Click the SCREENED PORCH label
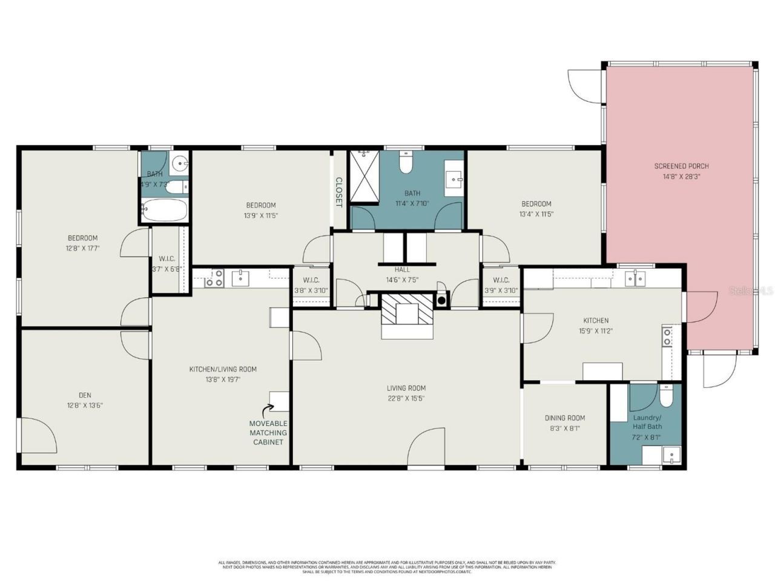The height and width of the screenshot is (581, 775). (681, 166)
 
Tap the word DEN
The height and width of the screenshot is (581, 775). (85, 395)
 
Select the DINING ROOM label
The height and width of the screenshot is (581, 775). (564, 418)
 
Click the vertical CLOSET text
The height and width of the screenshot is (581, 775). (339, 192)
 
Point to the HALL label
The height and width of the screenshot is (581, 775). (402, 270)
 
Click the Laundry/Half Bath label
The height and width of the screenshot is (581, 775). (647, 422)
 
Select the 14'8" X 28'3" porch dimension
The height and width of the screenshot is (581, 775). (681, 177)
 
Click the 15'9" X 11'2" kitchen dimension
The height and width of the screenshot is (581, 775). (596, 331)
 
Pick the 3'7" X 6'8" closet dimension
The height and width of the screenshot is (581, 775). (166, 269)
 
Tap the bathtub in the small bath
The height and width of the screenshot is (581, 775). (163, 211)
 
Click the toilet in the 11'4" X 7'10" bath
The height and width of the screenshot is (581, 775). (405, 163)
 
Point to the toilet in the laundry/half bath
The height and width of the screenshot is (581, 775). (665, 397)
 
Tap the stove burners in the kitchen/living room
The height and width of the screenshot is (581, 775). (213, 278)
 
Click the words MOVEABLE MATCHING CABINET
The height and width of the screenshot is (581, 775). (268, 433)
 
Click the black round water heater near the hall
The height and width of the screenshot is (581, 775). (441, 300)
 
